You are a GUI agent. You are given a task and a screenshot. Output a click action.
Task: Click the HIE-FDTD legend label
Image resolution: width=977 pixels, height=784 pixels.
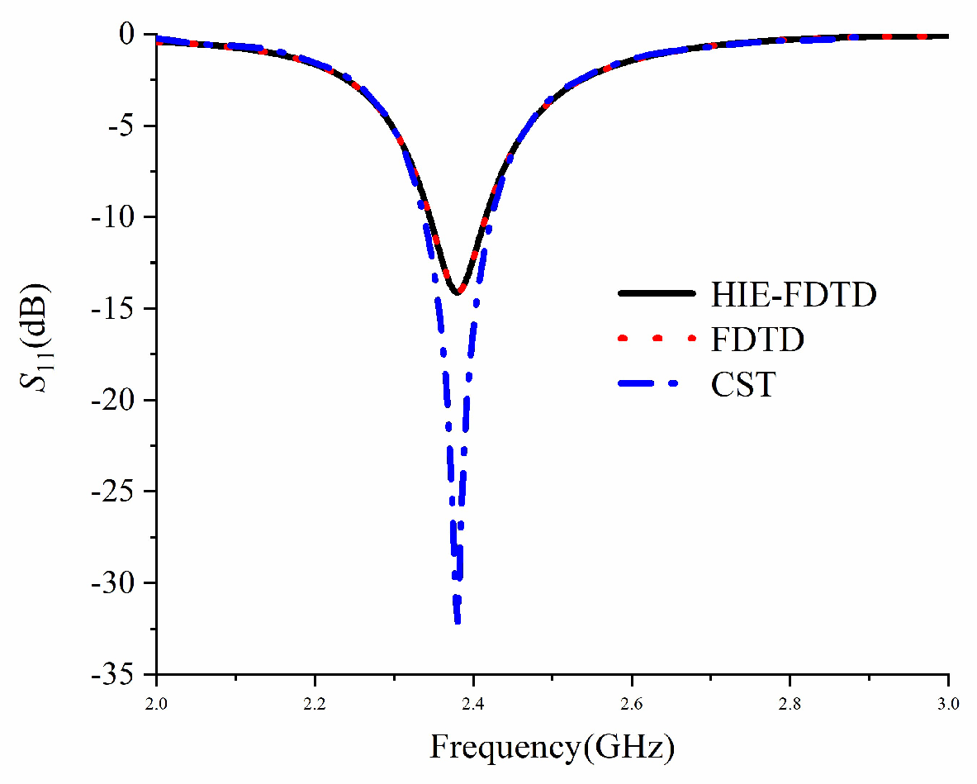(x=792, y=295)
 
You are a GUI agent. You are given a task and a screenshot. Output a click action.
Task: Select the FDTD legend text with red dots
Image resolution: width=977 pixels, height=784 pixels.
(x=756, y=339)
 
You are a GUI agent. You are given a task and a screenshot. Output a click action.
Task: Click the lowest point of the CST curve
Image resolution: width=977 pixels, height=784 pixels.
(x=458, y=621)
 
